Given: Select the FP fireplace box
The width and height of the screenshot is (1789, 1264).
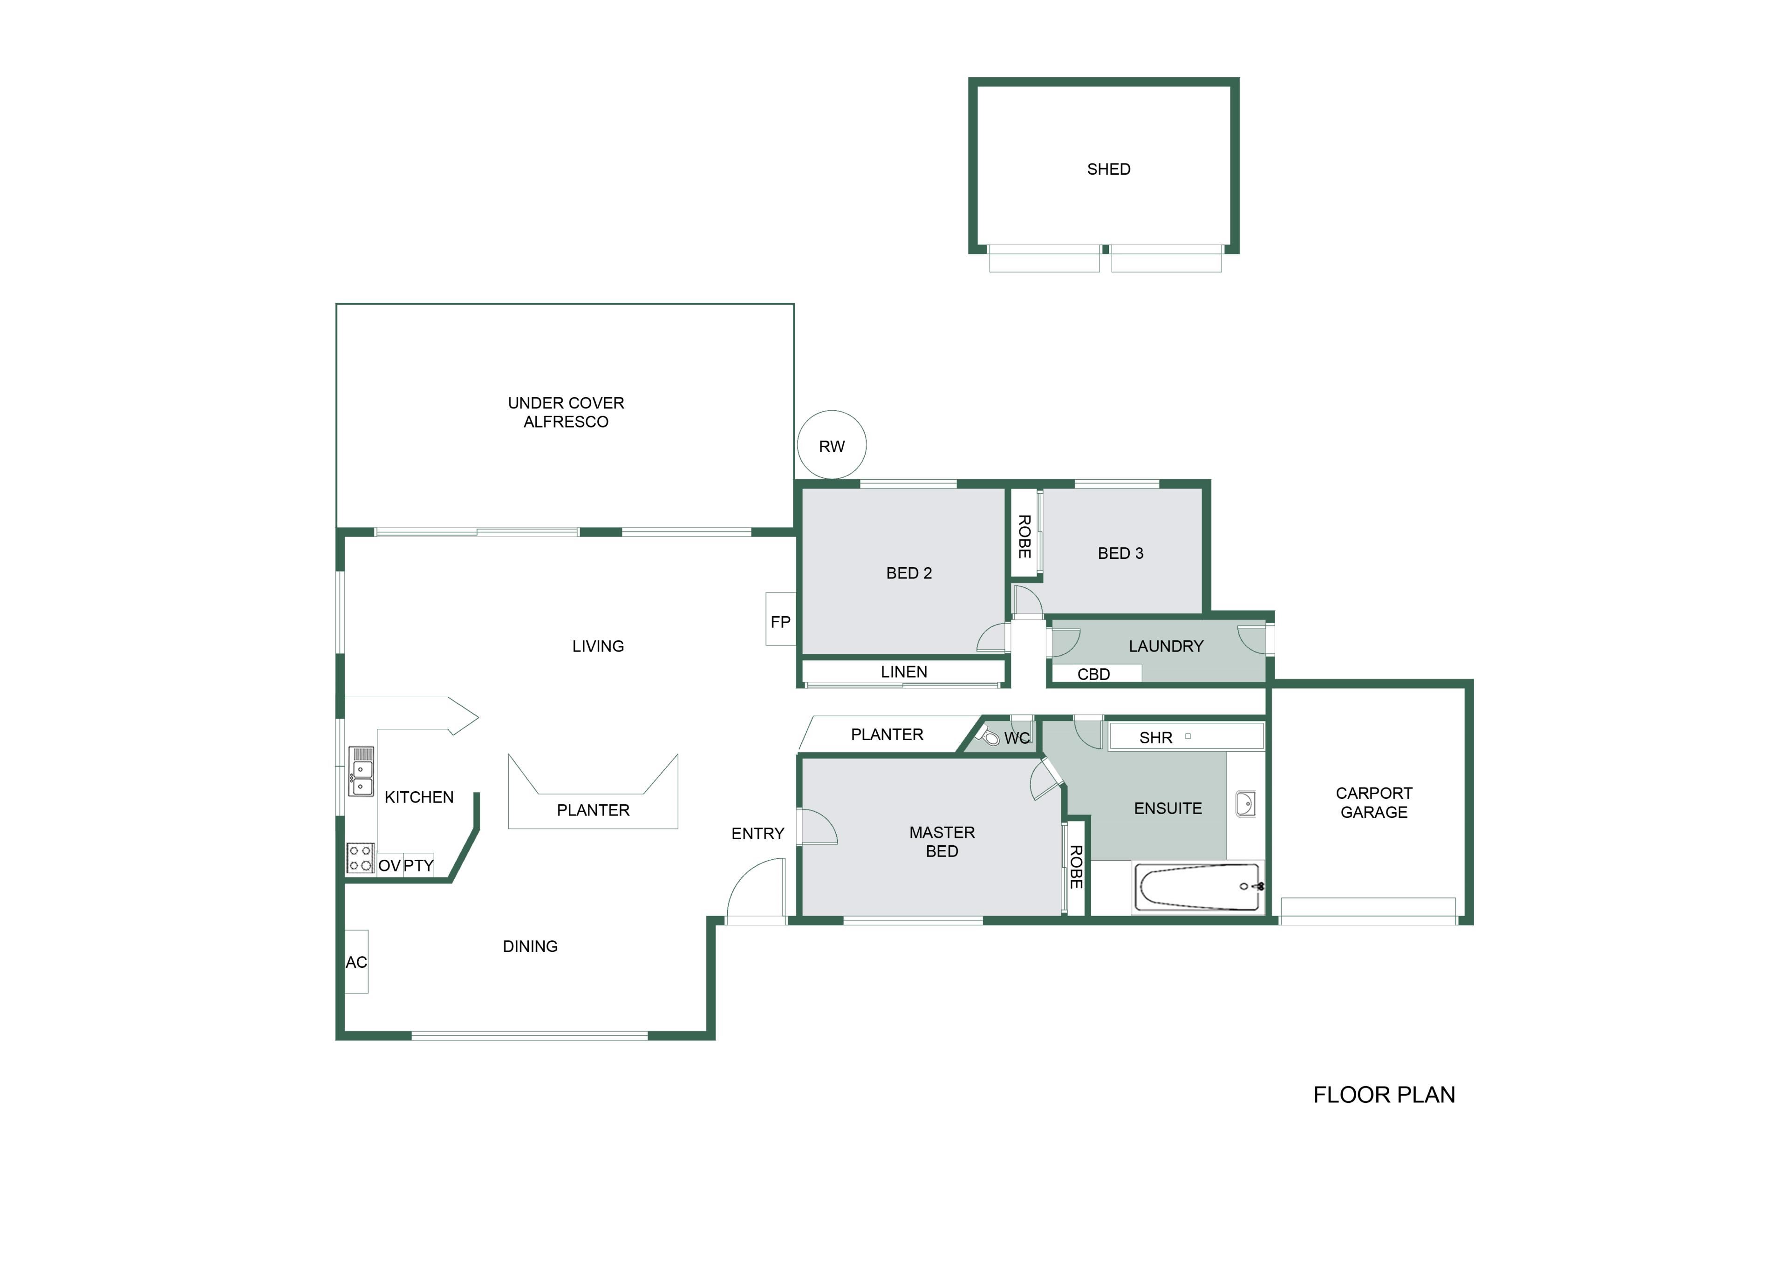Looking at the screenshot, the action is pyautogui.click(x=781, y=619).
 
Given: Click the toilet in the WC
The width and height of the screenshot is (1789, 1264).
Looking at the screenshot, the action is pyautogui.click(x=990, y=735).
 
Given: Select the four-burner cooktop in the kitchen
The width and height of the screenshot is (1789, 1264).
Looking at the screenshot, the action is pyautogui.click(x=360, y=858).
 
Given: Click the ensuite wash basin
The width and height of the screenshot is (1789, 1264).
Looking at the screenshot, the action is pyautogui.click(x=1245, y=804).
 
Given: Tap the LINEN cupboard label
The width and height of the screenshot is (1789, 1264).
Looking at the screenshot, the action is pyautogui.click(x=904, y=671).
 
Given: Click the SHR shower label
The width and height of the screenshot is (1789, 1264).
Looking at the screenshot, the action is pyautogui.click(x=1155, y=738).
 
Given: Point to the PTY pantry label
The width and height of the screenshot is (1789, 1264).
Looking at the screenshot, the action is pyautogui.click(x=418, y=865).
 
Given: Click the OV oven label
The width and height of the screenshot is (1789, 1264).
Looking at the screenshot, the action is pyautogui.click(x=389, y=865).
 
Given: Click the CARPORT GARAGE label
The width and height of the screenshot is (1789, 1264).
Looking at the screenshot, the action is pyautogui.click(x=1374, y=802).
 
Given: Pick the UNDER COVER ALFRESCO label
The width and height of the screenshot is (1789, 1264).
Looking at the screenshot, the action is pyautogui.click(x=566, y=412).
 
